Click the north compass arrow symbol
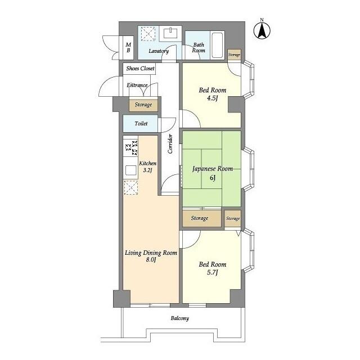[x=262, y=30]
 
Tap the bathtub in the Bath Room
[x=217, y=45]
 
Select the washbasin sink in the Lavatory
[x=170, y=33]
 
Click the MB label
[x=128, y=47]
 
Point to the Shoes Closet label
[x=140, y=68]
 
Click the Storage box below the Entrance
[x=143, y=105]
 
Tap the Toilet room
[x=140, y=124]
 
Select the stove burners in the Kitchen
[x=131, y=147]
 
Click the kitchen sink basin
[x=131, y=170]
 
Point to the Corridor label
[x=170, y=144]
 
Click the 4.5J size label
[x=212, y=98]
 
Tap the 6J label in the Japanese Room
[x=213, y=178]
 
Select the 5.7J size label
[x=212, y=272]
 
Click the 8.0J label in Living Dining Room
[x=151, y=260]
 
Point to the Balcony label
[x=180, y=318]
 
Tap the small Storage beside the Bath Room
[x=234, y=55]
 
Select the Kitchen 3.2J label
[x=147, y=166]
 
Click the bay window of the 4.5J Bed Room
[x=249, y=80]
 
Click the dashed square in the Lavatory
[x=148, y=34]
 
